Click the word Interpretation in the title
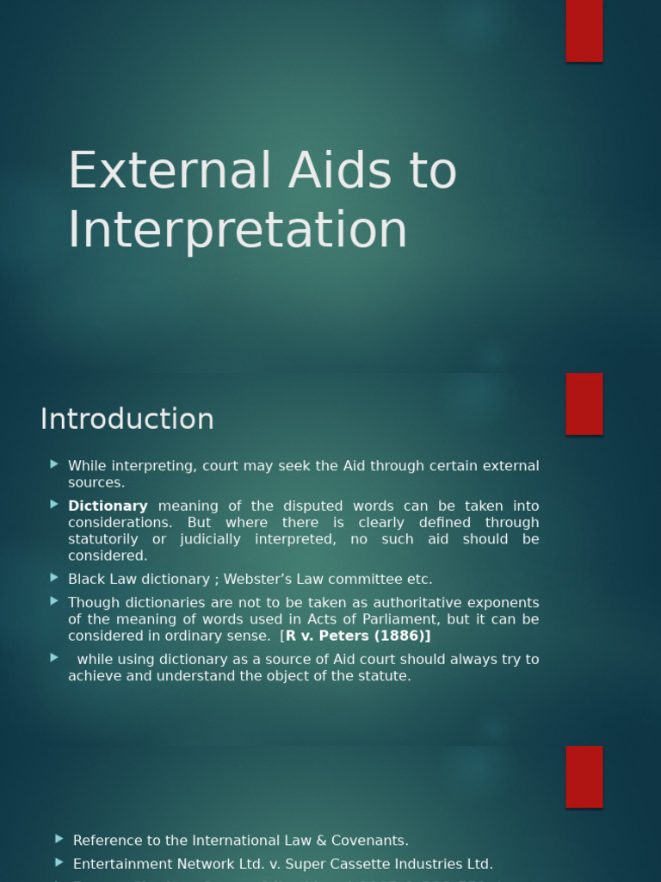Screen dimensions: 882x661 click(238, 230)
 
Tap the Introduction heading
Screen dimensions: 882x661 click(127, 419)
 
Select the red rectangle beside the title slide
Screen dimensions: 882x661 click(584, 30)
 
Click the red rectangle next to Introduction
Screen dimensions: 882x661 click(584, 404)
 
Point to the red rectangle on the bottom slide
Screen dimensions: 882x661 click(584, 776)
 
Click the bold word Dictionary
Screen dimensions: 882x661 click(108, 506)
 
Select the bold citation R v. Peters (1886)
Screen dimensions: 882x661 click(357, 636)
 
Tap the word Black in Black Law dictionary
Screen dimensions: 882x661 click(86, 579)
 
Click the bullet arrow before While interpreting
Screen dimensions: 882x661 click(54, 464)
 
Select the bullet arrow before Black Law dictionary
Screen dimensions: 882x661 click(54, 578)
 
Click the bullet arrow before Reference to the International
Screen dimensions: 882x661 click(59, 839)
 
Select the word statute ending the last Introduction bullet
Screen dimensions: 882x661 click(385, 676)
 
